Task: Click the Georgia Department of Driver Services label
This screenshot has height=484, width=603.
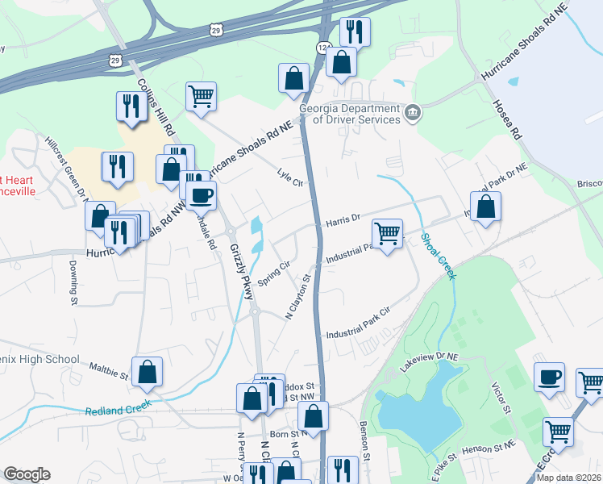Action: pos(349,114)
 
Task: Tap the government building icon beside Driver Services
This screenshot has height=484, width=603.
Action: pos(413,111)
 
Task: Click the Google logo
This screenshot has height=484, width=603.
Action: pos(27,474)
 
